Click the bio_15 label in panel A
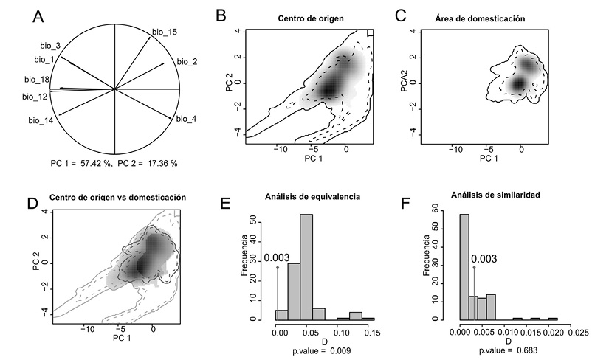click(x=164, y=32)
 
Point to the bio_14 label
click(x=41, y=120)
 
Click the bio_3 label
click(x=50, y=46)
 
